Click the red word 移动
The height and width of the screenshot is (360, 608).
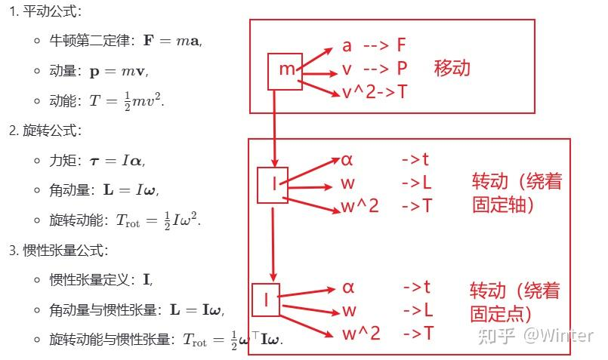[x=452, y=68]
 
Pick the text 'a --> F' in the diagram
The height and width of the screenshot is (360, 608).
[x=374, y=45]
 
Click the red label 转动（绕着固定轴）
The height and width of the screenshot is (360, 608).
[x=517, y=193]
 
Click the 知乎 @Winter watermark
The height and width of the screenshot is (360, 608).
[x=539, y=335]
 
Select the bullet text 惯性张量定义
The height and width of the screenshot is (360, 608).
[x=94, y=280]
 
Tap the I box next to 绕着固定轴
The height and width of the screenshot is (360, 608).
[x=272, y=185]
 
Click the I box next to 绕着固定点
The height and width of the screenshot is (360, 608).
[x=266, y=300]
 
